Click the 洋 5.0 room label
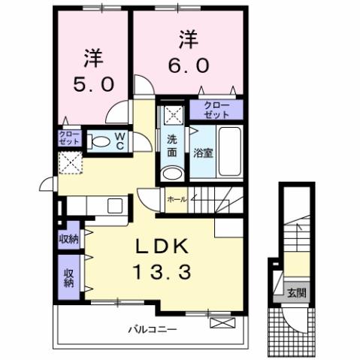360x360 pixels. (92, 69)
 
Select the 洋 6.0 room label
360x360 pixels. (187, 52)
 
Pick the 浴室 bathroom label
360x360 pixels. (202, 153)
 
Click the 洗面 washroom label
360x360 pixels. (172, 145)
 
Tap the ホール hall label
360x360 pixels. (177, 200)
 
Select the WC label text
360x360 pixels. (119, 141)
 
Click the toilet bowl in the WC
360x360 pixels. (98, 141)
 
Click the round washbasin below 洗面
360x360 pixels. (172, 172)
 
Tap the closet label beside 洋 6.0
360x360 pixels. (216, 110)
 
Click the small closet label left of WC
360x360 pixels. (68, 138)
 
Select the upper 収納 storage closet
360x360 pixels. (69, 239)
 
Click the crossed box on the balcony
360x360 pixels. (222, 323)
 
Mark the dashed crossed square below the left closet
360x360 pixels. (71, 162)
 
